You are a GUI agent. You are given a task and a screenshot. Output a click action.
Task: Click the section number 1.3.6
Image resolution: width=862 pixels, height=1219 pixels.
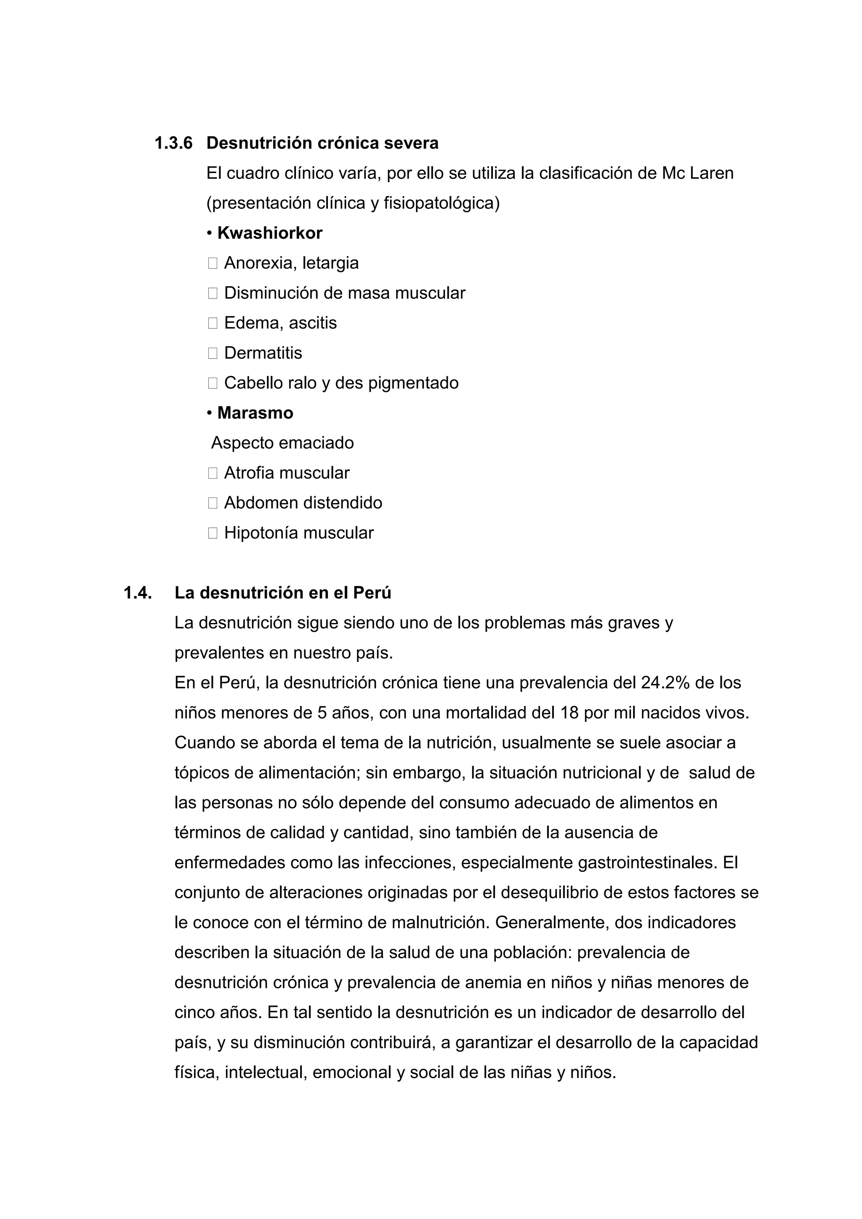pyautogui.click(x=173, y=144)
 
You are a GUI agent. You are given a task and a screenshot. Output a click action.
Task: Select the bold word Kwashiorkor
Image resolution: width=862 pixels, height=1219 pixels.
pyautogui.click(x=270, y=233)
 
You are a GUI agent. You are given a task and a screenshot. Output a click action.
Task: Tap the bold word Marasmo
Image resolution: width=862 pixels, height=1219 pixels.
pyautogui.click(x=255, y=413)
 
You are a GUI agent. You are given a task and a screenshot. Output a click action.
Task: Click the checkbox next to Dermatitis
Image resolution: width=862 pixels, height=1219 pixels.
pyautogui.click(x=213, y=353)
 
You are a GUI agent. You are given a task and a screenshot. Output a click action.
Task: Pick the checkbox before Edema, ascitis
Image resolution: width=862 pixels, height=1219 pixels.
pyautogui.click(x=213, y=323)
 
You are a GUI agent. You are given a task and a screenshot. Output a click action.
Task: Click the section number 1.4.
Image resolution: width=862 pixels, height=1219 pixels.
pyautogui.click(x=138, y=593)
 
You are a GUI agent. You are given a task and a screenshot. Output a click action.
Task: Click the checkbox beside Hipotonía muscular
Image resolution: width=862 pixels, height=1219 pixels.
pyautogui.click(x=213, y=533)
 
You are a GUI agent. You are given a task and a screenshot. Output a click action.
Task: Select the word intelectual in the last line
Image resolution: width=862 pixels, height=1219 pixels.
pyautogui.click(x=266, y=1073)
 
